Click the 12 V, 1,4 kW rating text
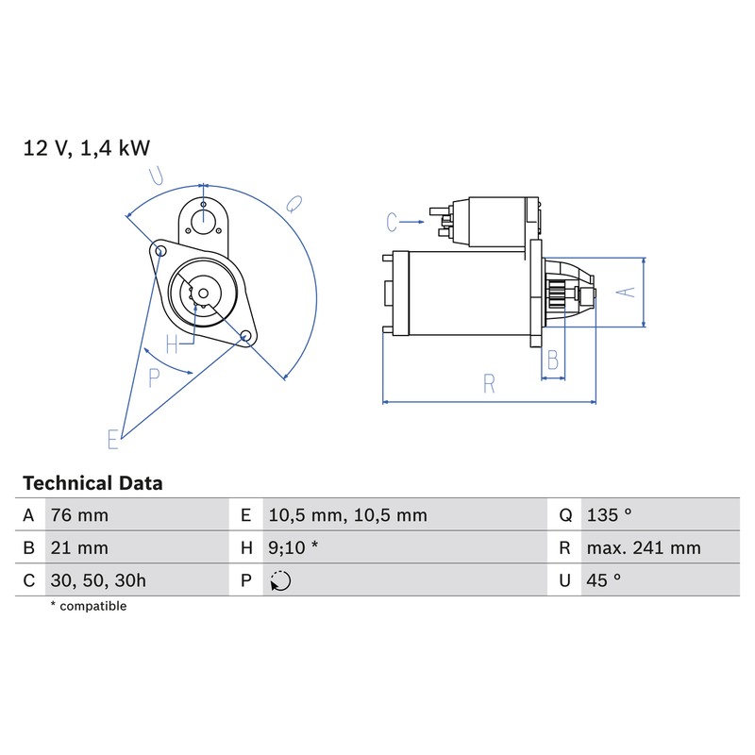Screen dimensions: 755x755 pyautogui.click(x=87, y=148)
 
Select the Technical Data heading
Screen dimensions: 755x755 pyautogui.click(x=92, y=483)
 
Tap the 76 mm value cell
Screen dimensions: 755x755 pyautogui.click(x=79, y=515)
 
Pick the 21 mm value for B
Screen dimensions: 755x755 pyautogui.click(x=79, y=548)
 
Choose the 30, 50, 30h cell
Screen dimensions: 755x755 pyautogui.click(x=98, y=580)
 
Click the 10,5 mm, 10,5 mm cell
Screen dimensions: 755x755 pyautogui.click(x=347, y=515)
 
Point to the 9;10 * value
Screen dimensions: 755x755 pyautogui.click(x=294, y=548)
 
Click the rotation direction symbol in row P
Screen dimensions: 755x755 pyautogui.click(x=280, y=580)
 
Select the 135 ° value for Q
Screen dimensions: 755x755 pyautogui.click(x=609, y=515)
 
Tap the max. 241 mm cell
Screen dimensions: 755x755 pyautogui.click(x=644, y=548)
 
